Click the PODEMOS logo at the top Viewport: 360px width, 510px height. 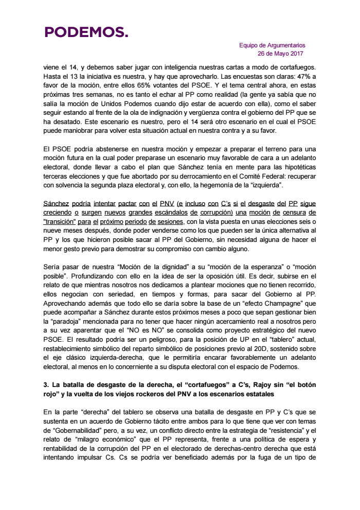[86, 33]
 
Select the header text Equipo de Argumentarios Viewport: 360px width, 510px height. [272, 45]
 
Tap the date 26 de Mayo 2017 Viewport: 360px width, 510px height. [280, 54]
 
